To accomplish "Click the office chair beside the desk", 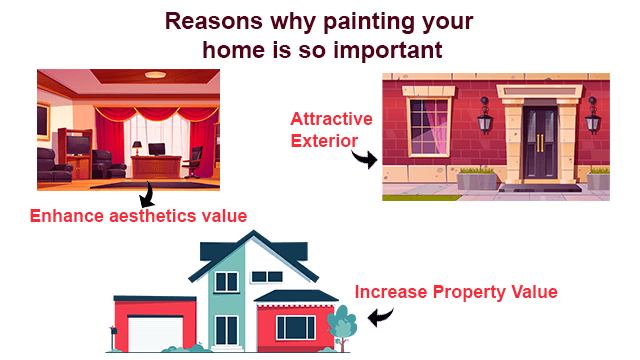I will (x=196, y=157).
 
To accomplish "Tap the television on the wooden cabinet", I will (x=77, y=147).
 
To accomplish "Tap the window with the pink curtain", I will (x=430, y=122).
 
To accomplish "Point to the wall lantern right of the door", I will (x=593, y=118).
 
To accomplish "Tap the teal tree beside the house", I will (x=342, y=324).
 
